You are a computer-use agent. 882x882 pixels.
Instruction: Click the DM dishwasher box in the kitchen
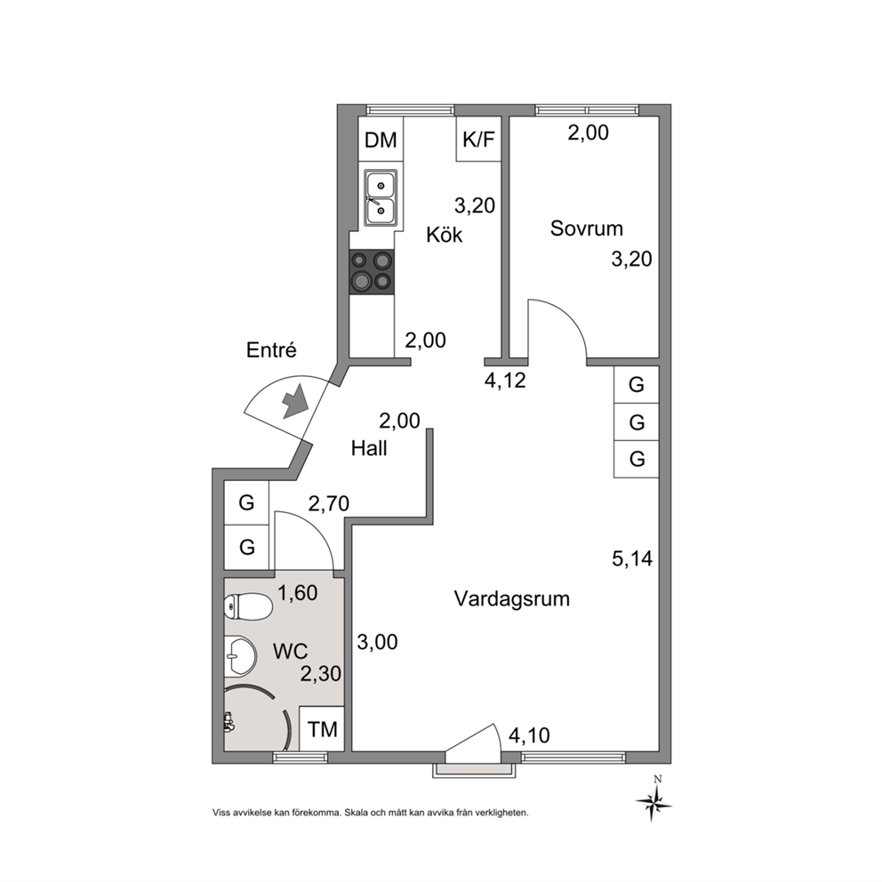381,139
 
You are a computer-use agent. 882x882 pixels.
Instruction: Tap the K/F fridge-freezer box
478,139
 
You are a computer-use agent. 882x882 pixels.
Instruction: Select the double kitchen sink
381,198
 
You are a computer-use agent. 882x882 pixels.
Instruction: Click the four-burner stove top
372,272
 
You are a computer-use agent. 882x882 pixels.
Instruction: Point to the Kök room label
444,235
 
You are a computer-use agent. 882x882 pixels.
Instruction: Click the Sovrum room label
587,229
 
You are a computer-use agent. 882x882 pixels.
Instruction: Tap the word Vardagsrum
512,599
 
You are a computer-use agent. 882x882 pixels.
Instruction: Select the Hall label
369,448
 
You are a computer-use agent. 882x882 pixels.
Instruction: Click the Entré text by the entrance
271,350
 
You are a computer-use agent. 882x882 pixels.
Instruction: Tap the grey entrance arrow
295,401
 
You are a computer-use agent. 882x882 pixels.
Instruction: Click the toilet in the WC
248,607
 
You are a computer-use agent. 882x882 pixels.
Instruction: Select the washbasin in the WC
241,656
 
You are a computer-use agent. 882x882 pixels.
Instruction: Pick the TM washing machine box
323,729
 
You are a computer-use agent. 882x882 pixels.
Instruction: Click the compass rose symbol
654,801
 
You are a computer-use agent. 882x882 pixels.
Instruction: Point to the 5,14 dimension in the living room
632,558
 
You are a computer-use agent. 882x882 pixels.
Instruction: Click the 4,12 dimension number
505,381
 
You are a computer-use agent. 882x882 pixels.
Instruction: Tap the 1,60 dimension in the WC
298,593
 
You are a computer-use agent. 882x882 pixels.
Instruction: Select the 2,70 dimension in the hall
328,503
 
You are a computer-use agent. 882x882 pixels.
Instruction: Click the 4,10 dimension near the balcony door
529,735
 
